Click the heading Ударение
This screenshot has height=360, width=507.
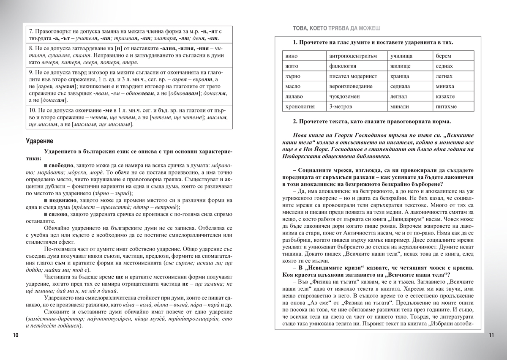40,141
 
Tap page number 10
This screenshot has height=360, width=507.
16,335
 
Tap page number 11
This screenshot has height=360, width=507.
491,335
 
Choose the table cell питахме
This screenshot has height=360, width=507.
448,107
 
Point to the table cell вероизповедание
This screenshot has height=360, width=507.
351,87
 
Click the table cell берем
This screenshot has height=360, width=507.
443,56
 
